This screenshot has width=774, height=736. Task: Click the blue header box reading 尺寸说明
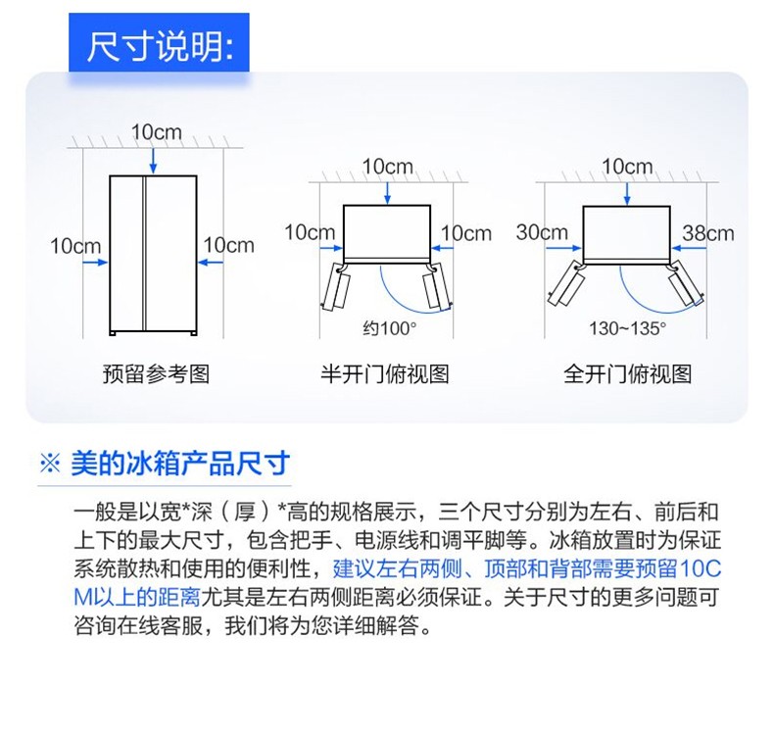[159, 43]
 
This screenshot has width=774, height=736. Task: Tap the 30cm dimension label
[542, 232]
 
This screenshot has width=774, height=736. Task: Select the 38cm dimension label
[707, 233]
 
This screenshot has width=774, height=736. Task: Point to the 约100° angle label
[390, 327]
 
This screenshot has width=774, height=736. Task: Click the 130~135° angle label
[627, 327]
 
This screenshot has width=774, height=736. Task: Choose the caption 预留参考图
[156, 373]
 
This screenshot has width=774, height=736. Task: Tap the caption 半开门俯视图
[385, 373]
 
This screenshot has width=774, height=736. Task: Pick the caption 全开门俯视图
[627, 373]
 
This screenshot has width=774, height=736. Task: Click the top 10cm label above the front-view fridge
[157, 131]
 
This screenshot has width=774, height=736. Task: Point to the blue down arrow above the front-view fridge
[153, 161]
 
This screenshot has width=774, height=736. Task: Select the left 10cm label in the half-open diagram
[310, 232]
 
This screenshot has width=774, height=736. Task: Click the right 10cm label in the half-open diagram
[466, 233]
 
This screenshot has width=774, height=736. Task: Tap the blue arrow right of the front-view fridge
[211, 263]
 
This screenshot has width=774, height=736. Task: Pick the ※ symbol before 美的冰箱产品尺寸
[50, 464]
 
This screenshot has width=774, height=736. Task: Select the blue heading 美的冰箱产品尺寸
[180, 464]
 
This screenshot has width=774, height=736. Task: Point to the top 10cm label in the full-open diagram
[627, 167]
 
